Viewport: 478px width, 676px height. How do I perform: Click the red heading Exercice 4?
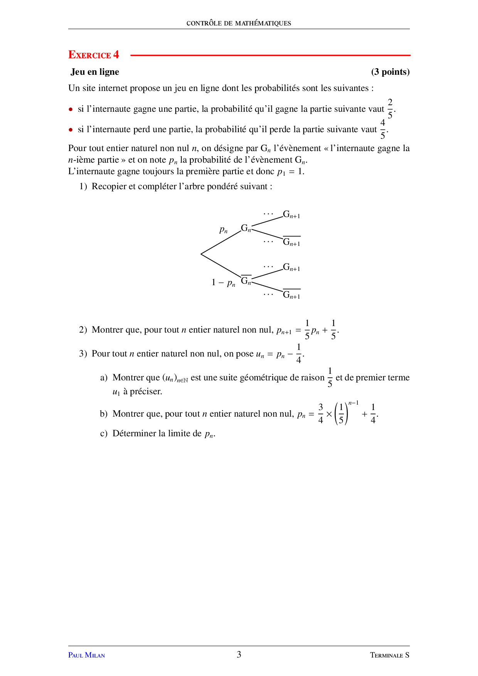[94, 55]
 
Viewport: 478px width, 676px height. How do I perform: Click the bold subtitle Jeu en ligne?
[95, 72]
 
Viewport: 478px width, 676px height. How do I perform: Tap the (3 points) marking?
[390, 72]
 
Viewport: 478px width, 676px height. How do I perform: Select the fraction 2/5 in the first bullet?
[390, 109]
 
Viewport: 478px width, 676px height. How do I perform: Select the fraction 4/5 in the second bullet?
[382, 129]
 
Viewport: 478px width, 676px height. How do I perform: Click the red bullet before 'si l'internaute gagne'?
[71, 109]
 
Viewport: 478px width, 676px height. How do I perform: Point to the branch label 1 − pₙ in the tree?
[223, 283]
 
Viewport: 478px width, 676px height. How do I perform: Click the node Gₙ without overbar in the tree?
[246, 228]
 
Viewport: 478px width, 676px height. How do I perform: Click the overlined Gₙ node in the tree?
[246, 281]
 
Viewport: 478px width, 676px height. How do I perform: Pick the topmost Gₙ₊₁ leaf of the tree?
[291, 215]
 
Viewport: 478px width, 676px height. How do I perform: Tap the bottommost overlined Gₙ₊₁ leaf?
[291, 295]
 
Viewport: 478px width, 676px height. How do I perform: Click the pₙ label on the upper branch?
[223, 230]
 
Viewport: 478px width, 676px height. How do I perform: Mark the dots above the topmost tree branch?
[268, 214]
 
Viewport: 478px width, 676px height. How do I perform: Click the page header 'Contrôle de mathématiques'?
[239, 23]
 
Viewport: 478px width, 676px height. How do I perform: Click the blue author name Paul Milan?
[86, 655]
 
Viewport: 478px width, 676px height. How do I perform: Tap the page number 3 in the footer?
[239, 654]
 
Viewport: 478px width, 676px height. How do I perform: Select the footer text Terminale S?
[389, 655]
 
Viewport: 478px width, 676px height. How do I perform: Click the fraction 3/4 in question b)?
[320, 414]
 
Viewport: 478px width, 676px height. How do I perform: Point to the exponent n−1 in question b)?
[353, 403]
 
